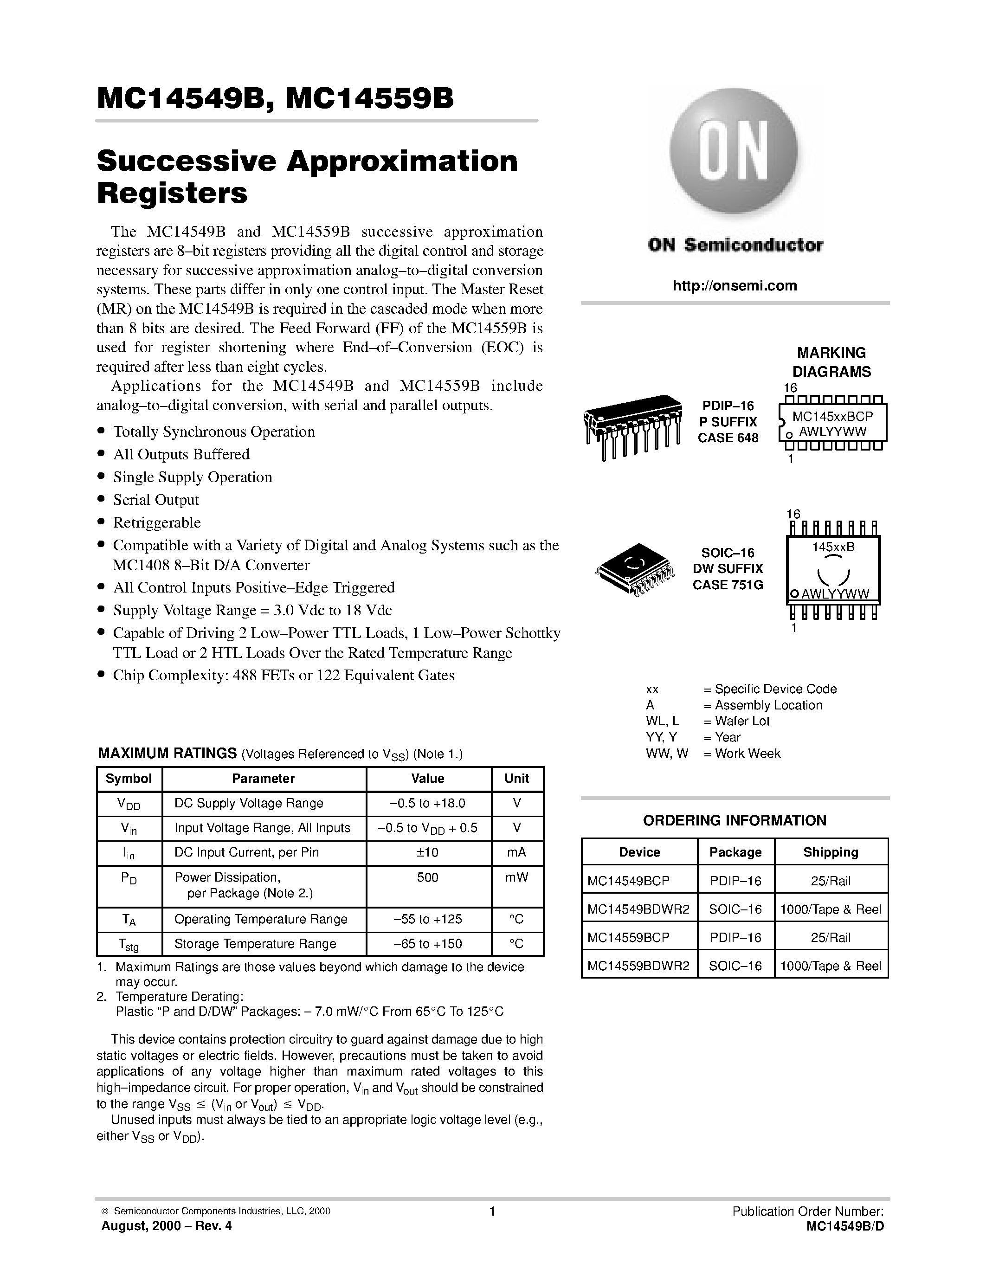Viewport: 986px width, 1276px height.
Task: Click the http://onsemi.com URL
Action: click(x=734, y=286)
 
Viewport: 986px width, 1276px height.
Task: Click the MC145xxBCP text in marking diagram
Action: click(x=832, y=416)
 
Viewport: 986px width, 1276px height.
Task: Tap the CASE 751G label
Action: click(x=728, y=585)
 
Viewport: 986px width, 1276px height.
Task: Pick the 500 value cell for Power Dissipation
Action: click(x=428, y=877)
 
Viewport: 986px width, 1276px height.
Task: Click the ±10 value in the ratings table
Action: click(x=428, y=852)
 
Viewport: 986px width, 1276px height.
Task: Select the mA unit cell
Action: click(x=516, y=852)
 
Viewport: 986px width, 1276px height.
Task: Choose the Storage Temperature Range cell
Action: click(x=255, y=944)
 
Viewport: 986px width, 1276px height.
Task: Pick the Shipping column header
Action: click(x=831, y=852)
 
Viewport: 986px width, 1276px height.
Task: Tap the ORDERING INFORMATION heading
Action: click(x=734, y=820)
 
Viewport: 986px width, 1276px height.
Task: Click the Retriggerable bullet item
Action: click(x=156, y=522)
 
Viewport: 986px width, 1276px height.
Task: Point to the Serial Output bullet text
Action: click(x=156, y=500)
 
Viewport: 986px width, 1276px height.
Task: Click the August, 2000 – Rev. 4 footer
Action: click(x=167, y=1226)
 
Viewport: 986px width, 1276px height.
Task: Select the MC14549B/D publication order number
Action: click(x=844, y=1226)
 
